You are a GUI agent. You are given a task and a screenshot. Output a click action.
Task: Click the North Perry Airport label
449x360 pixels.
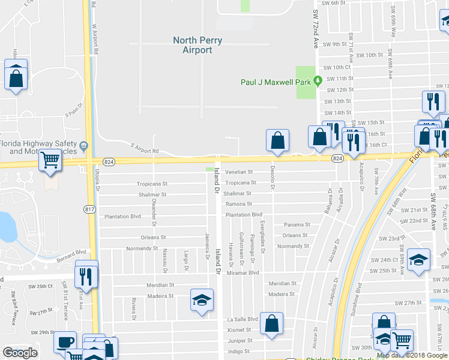[197, 46]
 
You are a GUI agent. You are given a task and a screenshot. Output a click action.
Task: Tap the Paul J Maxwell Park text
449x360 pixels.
[278, 82]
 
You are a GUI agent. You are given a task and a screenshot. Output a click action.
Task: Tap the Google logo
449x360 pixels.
[20, 353]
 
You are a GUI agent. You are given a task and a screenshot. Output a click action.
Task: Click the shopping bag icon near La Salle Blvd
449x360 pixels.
[272, 323]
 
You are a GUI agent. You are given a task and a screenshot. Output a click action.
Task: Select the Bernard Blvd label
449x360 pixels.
[72, 253]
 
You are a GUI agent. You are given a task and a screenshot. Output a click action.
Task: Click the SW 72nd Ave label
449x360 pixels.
[315, 29]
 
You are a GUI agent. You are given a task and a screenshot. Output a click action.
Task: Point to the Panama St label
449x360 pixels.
[297, 225]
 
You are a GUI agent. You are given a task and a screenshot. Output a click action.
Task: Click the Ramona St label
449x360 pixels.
[238, 204]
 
